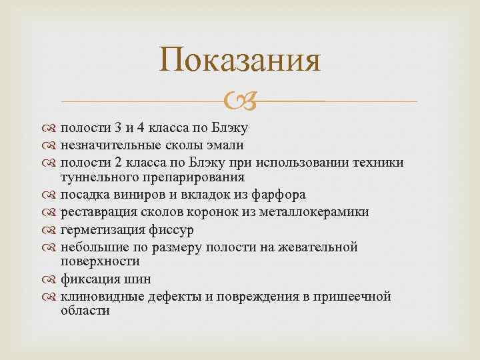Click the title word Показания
click(240, 61)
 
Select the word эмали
click(225, 145)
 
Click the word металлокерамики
click(313, 212)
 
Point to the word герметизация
click(100, 229)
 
